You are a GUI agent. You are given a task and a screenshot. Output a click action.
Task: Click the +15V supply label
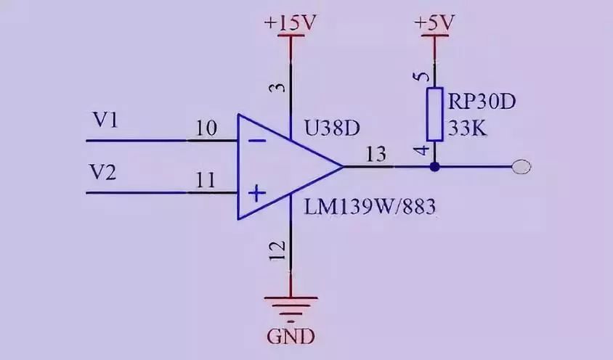click(x=291, y=22)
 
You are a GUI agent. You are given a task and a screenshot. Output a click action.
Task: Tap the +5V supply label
click(x=434, y=22)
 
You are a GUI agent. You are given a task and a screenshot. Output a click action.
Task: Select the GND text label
click(x=291, y=337)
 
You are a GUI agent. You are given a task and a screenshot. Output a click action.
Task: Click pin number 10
click(x=206, y=128)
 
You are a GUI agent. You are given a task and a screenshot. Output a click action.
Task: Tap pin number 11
click(x=206, y=181)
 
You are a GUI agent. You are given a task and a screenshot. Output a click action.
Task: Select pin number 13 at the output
click(x=377, y=155)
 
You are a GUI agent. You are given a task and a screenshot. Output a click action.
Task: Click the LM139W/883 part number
click(x=370, y=208)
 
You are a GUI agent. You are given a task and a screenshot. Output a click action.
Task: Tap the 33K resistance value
click(x=470, y=130)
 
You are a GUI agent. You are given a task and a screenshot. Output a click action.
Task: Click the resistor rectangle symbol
click(x=434, y=114)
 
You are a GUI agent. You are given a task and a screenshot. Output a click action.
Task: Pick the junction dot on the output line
click(x=434, y=167)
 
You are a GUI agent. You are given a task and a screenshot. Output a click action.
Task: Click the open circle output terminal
click(x=521, y=167)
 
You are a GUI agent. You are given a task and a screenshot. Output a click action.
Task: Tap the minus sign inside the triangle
click(x=256, y=140)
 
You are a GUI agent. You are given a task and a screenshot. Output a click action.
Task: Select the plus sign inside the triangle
click(x=256, y=194)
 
